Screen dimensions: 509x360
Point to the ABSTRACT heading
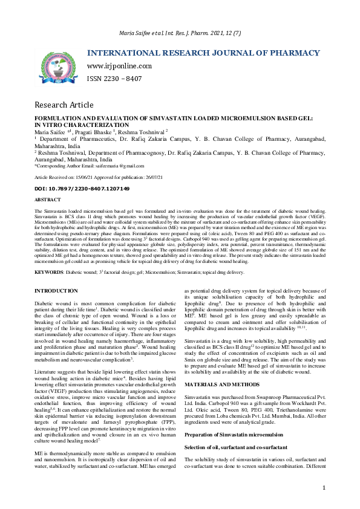47,199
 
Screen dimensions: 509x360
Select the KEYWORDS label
50,273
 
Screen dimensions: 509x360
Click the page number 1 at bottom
324,488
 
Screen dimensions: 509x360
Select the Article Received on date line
91,178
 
